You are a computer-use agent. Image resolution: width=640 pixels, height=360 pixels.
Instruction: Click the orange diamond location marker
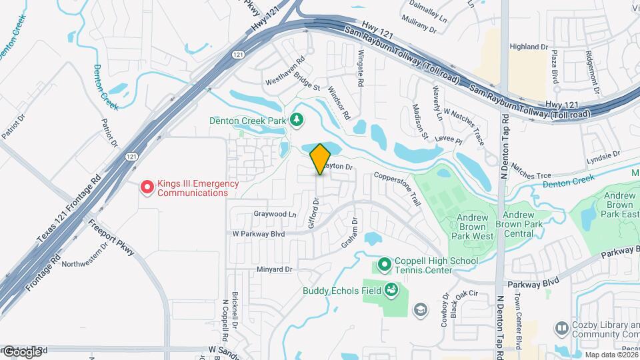[320, 159]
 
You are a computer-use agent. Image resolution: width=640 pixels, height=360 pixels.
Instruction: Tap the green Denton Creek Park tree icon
[296, 120]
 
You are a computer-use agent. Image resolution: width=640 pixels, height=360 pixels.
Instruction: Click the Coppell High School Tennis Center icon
[384, 265]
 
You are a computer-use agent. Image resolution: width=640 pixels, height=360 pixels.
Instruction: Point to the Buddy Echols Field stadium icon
[391, 290]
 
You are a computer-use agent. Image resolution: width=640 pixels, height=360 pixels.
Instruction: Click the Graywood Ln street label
[275, 215]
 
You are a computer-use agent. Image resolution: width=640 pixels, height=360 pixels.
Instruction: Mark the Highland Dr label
[528, 47]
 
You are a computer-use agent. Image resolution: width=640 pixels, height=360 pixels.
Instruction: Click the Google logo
[21, 351]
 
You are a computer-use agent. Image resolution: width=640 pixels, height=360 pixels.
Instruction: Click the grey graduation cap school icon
[421, 309]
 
